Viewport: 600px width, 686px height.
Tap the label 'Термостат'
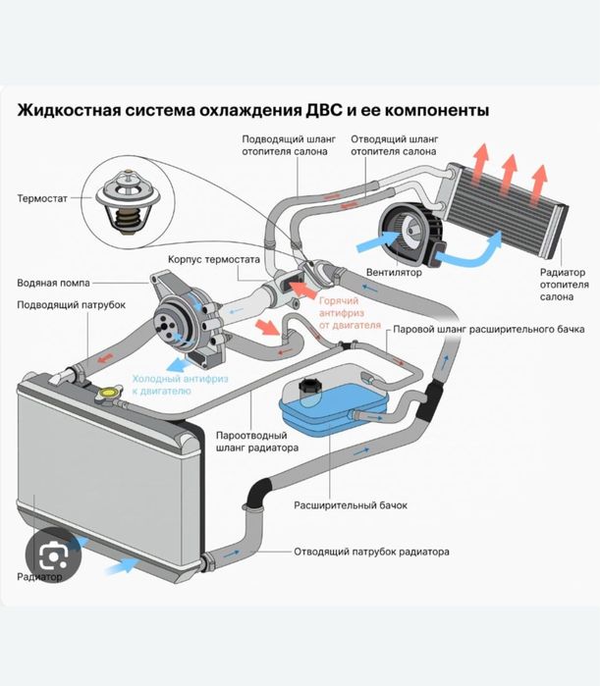43,197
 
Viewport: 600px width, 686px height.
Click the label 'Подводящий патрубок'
71,305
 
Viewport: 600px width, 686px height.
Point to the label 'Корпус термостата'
213,261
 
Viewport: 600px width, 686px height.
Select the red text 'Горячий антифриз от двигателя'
350,310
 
